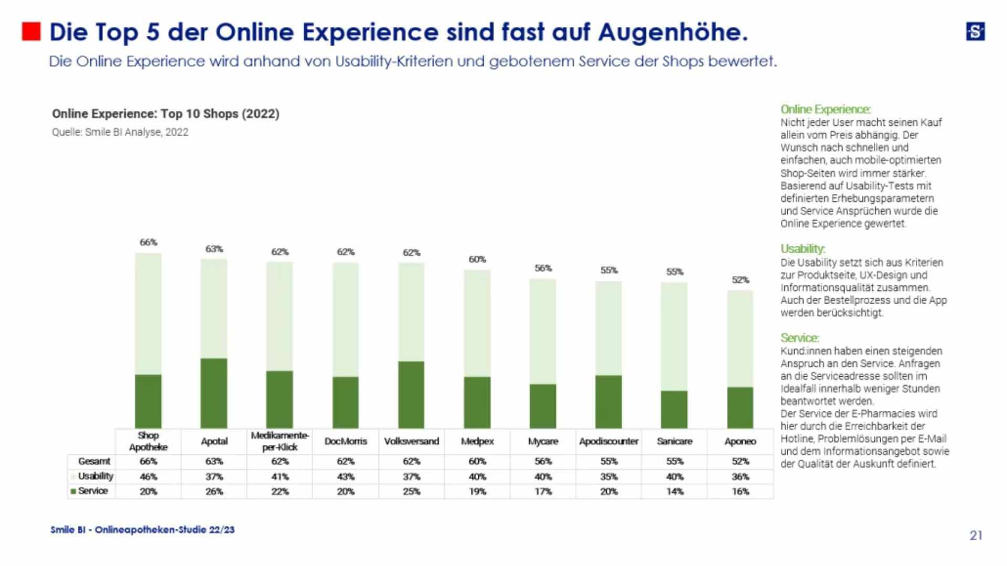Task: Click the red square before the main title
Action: coord(31,31)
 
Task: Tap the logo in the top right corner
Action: coord(975,31)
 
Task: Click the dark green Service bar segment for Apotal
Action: coord(214,393)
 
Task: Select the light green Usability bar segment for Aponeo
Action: coord(740,339)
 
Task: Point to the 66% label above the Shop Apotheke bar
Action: coord(148,242)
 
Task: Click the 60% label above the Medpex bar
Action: coord(477,259)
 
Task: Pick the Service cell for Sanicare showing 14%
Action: coord(674,492)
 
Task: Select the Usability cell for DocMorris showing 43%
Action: coord(346,477)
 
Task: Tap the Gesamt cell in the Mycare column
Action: coord(543,462)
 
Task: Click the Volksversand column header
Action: coord(411,441)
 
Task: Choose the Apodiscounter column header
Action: coord(608,441)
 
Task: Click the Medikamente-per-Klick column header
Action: coord(280,441)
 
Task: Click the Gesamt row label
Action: coord(94,461)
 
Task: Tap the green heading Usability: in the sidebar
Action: coord(802,249)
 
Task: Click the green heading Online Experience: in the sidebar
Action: coord(825,110)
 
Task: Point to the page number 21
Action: coord(976,535)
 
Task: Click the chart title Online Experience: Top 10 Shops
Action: coord(165,114)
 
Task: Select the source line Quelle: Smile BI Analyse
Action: coord(120,132)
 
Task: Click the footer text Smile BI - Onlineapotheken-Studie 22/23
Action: coord(143,530)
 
